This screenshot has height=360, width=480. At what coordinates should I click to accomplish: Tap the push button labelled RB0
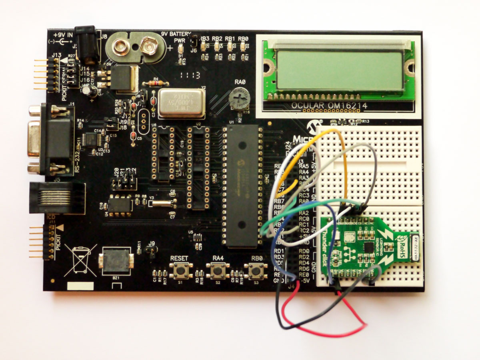pos(256,271)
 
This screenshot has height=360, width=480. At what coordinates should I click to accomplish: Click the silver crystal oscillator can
pos(181,103)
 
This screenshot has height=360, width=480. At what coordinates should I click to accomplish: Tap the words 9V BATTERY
pos(176,34)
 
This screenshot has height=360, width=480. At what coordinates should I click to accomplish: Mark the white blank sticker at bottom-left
pos(80,286)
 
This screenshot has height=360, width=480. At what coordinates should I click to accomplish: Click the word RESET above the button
pos(179,258)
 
